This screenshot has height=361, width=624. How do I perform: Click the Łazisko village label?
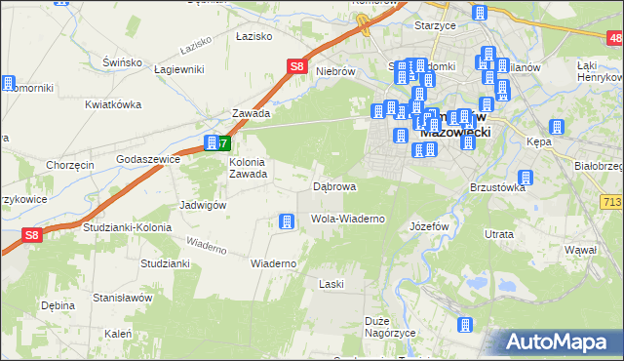(x=251, y=35)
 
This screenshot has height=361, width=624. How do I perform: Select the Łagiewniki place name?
(x=178, y=69)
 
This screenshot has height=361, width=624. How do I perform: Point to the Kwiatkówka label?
(x=113, y=104)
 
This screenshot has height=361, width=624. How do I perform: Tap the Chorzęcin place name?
(x=69, y=165)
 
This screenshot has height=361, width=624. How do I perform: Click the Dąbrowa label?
(x=333, y=185)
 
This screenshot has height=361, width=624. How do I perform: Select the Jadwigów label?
(x=203, y=206)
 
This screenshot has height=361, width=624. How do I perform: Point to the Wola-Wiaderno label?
(x=347, y=219)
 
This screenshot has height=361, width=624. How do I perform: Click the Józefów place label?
(x=429, y=224)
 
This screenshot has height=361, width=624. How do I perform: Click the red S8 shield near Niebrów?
(x=298, y=66)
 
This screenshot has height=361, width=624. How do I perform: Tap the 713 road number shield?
(x=611, y=201)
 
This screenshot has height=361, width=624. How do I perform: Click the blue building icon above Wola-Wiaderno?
(x=286, y=222)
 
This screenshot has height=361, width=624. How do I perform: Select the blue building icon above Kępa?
(x=558, y=128)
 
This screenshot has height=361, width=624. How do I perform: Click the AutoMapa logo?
(x=562, y=341)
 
